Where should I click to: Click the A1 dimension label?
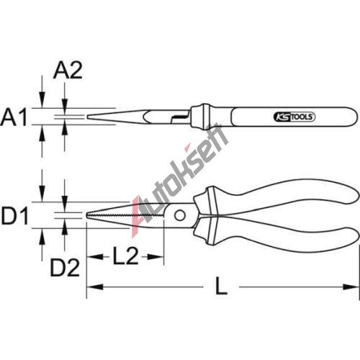coord(14,117)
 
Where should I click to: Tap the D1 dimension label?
coord(15,216)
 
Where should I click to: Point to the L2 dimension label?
coord(125,256)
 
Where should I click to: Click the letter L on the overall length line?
coord(221,286)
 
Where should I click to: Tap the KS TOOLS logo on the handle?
coord(294,117)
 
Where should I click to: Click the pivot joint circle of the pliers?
coord(179,215)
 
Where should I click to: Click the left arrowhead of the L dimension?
coord(95,287)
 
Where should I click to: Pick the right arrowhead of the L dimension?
coord(351,287)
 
